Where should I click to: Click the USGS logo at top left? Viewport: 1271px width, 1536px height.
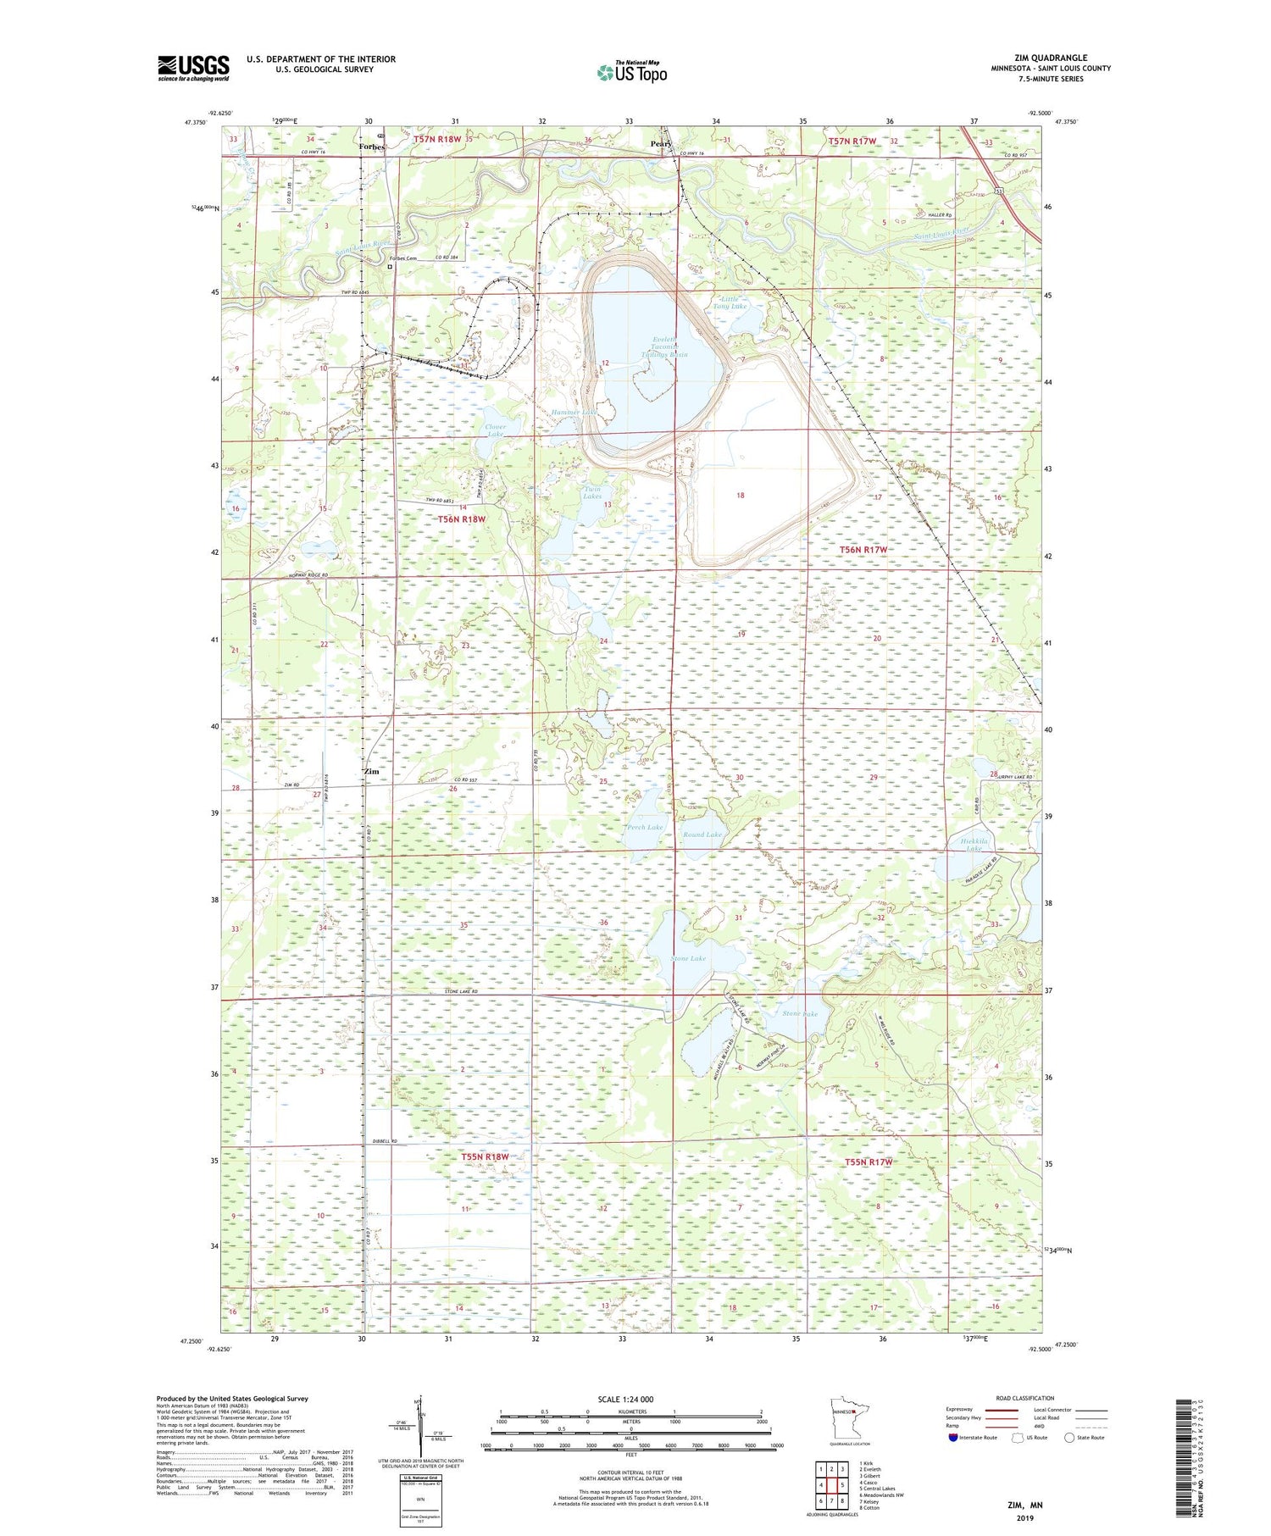pos(193,68)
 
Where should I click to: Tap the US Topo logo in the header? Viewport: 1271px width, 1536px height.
pos(631,73)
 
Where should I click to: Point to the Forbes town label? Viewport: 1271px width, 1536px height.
pos(371,147)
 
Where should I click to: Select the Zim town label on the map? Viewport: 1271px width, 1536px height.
pos(370,772)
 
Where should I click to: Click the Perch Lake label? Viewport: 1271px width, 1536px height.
pos(645,827)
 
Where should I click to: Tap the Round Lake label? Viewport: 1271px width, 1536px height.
pos(702,835)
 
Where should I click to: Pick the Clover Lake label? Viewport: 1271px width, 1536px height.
pos(496,430)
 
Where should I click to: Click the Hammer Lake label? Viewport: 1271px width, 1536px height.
pos(574,412)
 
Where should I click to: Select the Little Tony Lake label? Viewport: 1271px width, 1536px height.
pos(730,302)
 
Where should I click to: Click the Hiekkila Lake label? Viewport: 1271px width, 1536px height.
pos(974,845)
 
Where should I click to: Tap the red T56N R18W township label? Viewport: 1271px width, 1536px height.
pos(462,519)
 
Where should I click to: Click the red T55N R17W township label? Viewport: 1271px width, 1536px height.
pos(869,1162)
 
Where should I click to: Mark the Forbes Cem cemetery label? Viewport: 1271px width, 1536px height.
pos(403,258)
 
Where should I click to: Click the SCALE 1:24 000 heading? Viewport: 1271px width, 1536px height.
pos(630,1399)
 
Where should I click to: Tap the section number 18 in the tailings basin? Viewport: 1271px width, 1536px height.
pos(740,496)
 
